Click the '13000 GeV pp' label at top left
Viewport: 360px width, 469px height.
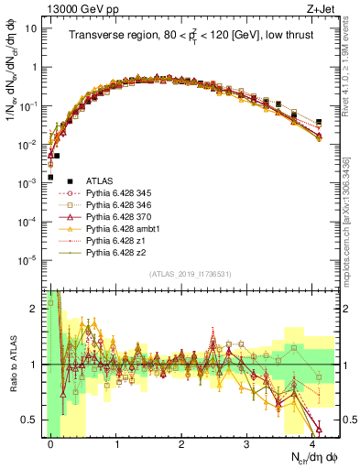point(72,8)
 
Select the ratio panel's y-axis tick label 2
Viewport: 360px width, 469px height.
point(34,307)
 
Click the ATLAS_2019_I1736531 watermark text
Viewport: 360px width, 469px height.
point(189,274)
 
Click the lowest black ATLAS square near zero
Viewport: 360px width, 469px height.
point(50,177)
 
